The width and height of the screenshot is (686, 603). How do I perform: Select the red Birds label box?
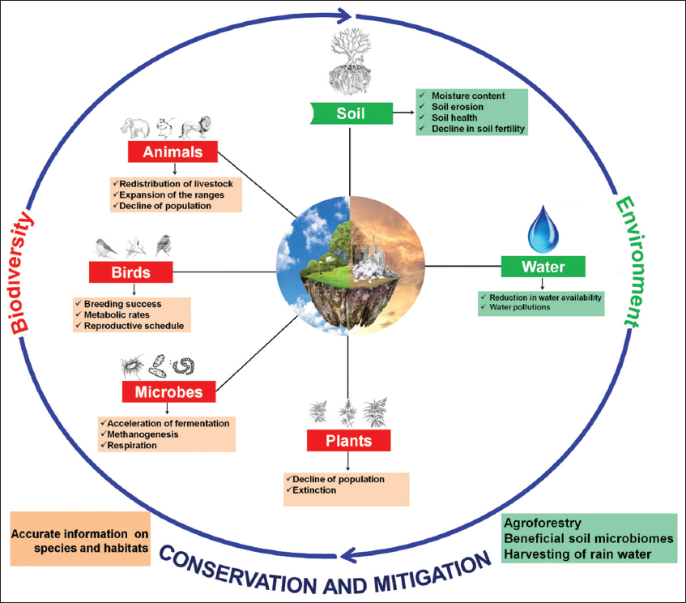131,271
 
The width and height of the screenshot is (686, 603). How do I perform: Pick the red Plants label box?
349,440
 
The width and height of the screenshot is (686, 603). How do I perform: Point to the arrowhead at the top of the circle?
343,14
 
